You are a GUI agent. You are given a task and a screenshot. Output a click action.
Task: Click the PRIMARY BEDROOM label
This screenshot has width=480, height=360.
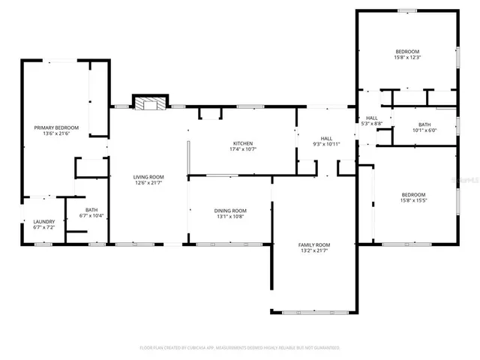click(56, 127)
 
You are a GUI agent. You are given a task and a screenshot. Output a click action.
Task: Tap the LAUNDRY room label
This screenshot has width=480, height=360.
click(43, 221)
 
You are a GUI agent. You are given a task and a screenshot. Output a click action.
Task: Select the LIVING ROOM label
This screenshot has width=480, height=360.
click(148, 177)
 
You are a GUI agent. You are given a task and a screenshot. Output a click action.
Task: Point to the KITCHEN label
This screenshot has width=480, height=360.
click(242, 143)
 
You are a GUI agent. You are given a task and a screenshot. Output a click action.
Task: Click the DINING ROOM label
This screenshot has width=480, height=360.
click(231, 211)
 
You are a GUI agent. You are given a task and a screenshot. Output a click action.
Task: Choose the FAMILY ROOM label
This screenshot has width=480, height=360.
click(315, 244)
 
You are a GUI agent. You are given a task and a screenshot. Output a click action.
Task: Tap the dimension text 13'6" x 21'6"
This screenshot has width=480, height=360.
click(56, 133)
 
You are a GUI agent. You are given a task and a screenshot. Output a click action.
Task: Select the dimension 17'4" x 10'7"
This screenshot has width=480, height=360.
click(242, 149)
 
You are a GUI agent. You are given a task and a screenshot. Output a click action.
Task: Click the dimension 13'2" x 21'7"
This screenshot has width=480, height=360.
click(315, 250)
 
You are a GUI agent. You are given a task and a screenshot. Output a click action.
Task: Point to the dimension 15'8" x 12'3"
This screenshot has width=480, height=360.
click(408, 57)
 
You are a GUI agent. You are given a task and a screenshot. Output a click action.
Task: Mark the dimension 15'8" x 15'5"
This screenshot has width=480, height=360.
click(412, 200)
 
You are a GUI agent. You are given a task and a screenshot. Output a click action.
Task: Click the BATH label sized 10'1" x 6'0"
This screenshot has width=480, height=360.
click(424, 124)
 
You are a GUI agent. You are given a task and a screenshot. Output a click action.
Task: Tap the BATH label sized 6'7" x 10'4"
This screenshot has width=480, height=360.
click(91, 210)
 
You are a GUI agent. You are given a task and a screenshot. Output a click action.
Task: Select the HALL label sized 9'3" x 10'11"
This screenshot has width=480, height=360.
click(326, 138)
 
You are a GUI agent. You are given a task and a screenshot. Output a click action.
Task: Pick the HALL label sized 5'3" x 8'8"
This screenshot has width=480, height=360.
click(372, 118)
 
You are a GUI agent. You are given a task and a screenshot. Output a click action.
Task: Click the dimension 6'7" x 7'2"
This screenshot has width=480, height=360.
click(43, 227)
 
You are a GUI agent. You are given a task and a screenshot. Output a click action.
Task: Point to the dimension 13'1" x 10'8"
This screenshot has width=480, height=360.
click(231, 217)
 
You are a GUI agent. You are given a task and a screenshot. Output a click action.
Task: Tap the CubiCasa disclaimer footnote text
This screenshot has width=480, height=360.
click(240, 348)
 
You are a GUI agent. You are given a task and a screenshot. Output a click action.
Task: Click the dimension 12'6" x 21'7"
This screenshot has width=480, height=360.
click(148, 183)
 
